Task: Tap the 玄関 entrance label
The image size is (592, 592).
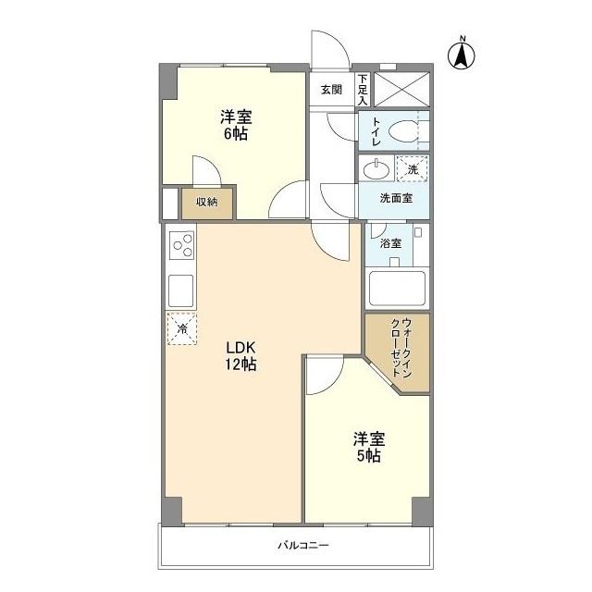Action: click(x=331, y=90)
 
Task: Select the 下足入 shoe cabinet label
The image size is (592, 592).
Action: click(x=362, y=89)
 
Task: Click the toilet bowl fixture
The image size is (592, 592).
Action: click(x=401, y=131)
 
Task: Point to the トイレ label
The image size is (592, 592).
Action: click(x=376, y=130)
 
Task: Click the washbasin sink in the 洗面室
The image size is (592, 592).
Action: click(x=376, y=169)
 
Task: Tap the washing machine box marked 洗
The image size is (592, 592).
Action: click(x=413, y=168)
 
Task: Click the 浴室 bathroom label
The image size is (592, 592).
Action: click(x=390, y=243)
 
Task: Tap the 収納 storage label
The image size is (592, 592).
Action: click(x=206, y=202)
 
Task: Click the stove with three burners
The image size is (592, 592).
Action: click(x=181, y=246)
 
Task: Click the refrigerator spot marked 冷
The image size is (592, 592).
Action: click(x=181, y=328)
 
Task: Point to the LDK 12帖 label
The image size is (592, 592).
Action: click(x=242, y=356)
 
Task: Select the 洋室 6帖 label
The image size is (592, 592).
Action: click(x=235, y=126)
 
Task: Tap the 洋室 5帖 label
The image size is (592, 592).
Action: click(x=367, y=447)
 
